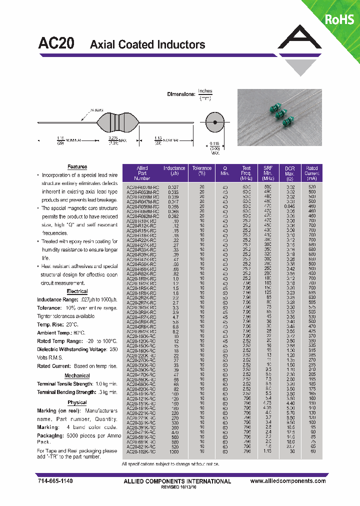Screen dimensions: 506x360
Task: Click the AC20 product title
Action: tap(56, 44)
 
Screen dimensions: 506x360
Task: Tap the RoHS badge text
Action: tap(339, 19)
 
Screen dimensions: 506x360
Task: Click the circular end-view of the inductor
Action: tap(214, 122)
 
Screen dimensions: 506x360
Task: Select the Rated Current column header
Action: tap(312, 173)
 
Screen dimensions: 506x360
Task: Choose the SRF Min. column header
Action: tap(268, 173)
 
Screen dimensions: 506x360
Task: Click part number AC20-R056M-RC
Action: tap(142, 205)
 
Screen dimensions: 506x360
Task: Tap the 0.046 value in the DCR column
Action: tap(290, 205)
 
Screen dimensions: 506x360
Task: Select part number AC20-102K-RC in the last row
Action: tap(142, 452)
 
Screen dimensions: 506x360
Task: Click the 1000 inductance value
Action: tap(174, 452)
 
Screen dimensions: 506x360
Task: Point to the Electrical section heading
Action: tap(77, 291)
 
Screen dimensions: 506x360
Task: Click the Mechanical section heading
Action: tap(77, 375)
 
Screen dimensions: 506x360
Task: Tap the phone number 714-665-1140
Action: tap(55, 481)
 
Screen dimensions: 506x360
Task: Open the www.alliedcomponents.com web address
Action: tap(288, 481)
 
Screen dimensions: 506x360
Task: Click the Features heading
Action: tap(77, 166)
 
